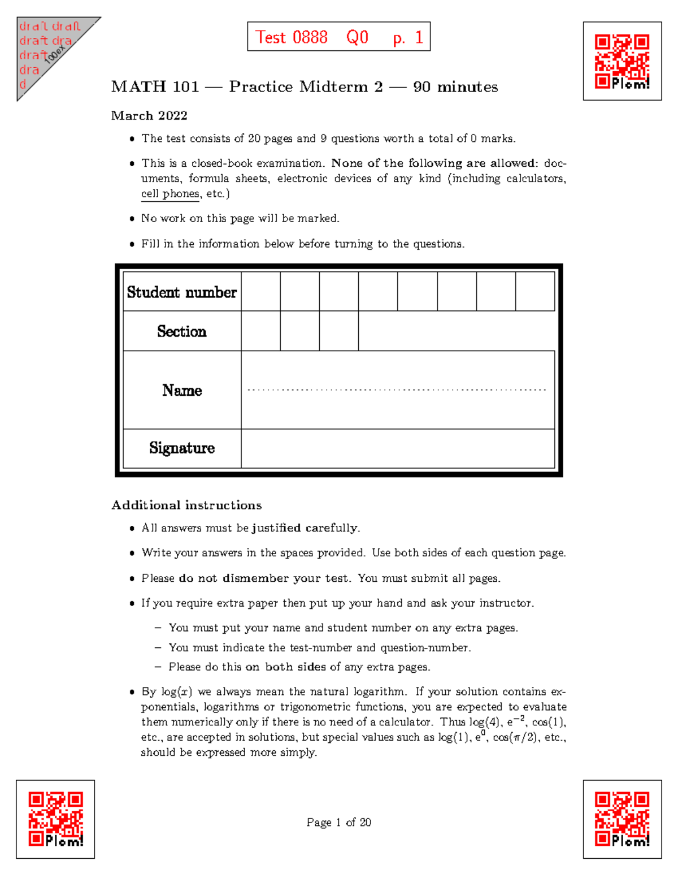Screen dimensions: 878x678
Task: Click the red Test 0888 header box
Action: point(338,37)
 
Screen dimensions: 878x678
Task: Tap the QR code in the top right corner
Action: point(622,61)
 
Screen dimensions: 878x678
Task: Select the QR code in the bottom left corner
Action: point(55,819)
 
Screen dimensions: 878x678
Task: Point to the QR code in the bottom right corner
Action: point(622,819)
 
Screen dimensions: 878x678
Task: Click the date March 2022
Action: point(149,115)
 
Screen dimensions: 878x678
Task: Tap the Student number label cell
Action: point(182,292)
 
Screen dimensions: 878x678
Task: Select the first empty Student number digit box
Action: point(261,292)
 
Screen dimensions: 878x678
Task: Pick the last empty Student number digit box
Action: point(534,292)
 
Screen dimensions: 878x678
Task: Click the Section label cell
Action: point(182,331)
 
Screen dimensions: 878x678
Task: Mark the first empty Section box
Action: point(261,331)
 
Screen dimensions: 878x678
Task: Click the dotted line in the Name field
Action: point(397,390)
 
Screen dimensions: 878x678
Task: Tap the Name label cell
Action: point(182,390)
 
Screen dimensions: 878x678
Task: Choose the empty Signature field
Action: point(397,448)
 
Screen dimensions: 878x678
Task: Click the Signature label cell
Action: point(182,448)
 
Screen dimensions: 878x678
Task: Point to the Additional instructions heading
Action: point(186,505)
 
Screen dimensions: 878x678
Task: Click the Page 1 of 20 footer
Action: point(338,822)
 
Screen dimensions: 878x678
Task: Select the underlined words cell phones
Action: point(170,194)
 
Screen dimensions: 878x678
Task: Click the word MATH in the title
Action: point(138,86)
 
